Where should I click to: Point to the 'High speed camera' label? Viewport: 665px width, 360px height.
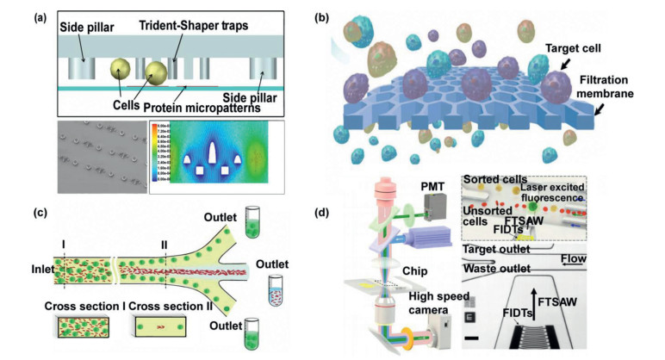pyautogui.click(x=435, y=302)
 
